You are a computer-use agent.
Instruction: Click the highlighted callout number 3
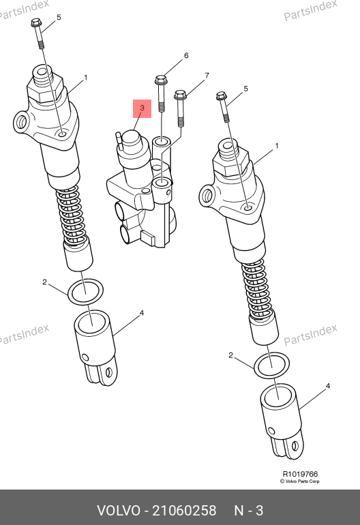point(142,108)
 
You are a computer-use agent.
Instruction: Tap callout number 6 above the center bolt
point(186,55)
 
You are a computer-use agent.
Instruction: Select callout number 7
point(207,75)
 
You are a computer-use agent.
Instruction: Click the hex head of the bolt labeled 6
point(161,80)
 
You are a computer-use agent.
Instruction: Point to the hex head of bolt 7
point(180,95)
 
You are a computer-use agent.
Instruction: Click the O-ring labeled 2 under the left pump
point(86,292)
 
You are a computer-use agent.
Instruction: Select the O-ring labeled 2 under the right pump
point(272,365)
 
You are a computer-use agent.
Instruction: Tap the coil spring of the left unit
point(72,216)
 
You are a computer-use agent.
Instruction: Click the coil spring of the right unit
point(260,290)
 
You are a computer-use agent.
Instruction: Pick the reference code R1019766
point(300,474)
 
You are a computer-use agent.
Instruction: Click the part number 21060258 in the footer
point(185,511)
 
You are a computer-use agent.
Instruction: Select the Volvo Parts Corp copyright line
point(300,481)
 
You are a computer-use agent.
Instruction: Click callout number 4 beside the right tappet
point(328,386)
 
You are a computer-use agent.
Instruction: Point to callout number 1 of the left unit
point(86,78)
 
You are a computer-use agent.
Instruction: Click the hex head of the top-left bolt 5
point(35,22)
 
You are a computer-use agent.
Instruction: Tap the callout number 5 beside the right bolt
point(246,89)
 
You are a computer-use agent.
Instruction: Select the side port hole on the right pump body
point(207,195)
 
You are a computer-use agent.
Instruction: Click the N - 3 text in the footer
point(248,511)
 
